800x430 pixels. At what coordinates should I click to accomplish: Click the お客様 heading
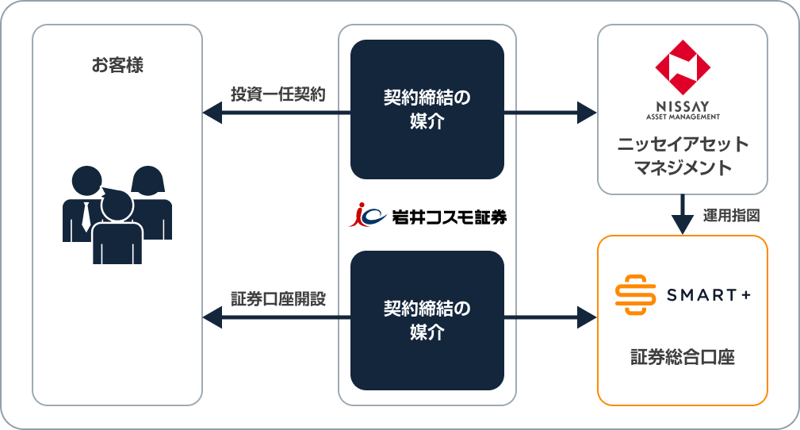[x=117, y=65]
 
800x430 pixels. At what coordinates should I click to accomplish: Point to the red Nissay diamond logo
[x=682, y=67]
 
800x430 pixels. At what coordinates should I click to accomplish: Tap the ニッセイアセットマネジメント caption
[x=682, y=156]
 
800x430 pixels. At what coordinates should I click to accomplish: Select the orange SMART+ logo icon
[x=636, y=295]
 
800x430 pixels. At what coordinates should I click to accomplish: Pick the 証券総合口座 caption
[x=682, y=357]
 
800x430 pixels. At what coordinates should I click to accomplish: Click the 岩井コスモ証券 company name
[x=449, y=215]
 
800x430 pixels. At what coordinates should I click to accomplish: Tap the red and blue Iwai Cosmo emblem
[x=367, y=214]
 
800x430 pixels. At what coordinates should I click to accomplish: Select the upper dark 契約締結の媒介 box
[x=427, y=109]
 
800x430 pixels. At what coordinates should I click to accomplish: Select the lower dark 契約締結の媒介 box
[x=427, y=320]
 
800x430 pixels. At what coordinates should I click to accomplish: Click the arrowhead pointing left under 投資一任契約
[x=211, y=113]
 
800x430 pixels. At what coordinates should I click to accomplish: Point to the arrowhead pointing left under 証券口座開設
[x=211, y=319]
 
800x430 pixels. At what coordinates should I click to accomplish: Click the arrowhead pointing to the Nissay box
[x=587, y=113]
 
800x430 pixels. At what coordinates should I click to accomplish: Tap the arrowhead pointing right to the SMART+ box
[x=587, y=319]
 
